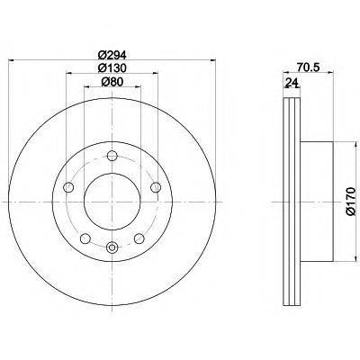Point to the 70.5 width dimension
(x=309, y=66)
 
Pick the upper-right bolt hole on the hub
(x=155, y=187)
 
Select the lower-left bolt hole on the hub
(x=83, y=238)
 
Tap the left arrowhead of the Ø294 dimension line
(x=11, y=61)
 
